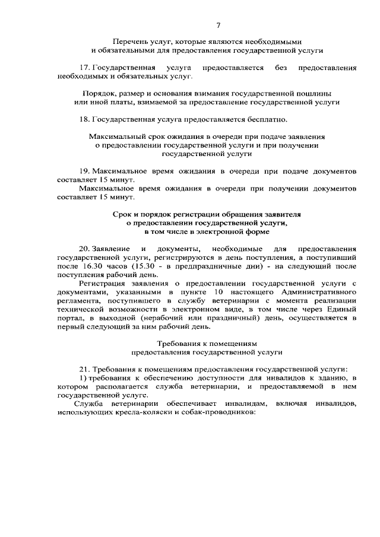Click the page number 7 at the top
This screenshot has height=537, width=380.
218,26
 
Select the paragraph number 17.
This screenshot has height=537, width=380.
85,68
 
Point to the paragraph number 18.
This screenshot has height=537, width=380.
85,119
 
